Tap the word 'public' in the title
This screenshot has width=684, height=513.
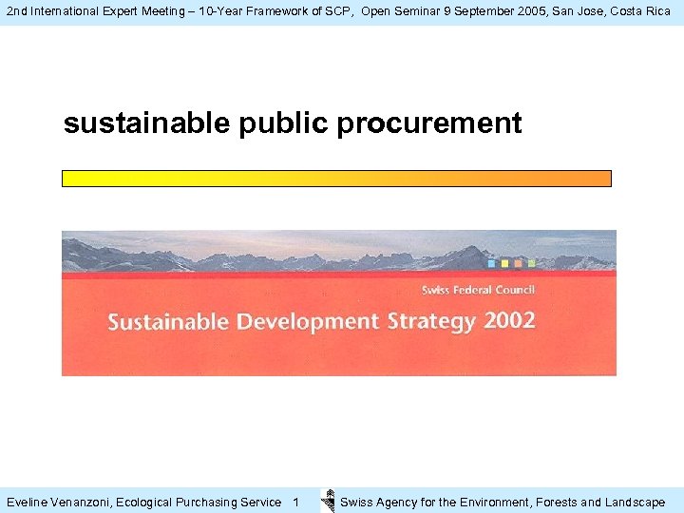281,123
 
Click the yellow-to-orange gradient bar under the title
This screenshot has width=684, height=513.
336,179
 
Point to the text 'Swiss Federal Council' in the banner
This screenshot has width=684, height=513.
478,290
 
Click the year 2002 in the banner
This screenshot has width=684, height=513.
509,320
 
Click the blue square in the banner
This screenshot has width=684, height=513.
491,263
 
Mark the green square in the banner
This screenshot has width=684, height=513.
531,263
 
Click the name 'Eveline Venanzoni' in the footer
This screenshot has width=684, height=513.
58,502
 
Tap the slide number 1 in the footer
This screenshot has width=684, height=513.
295,502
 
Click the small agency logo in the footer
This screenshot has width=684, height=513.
328,501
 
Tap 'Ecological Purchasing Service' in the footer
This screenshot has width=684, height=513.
199,502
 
